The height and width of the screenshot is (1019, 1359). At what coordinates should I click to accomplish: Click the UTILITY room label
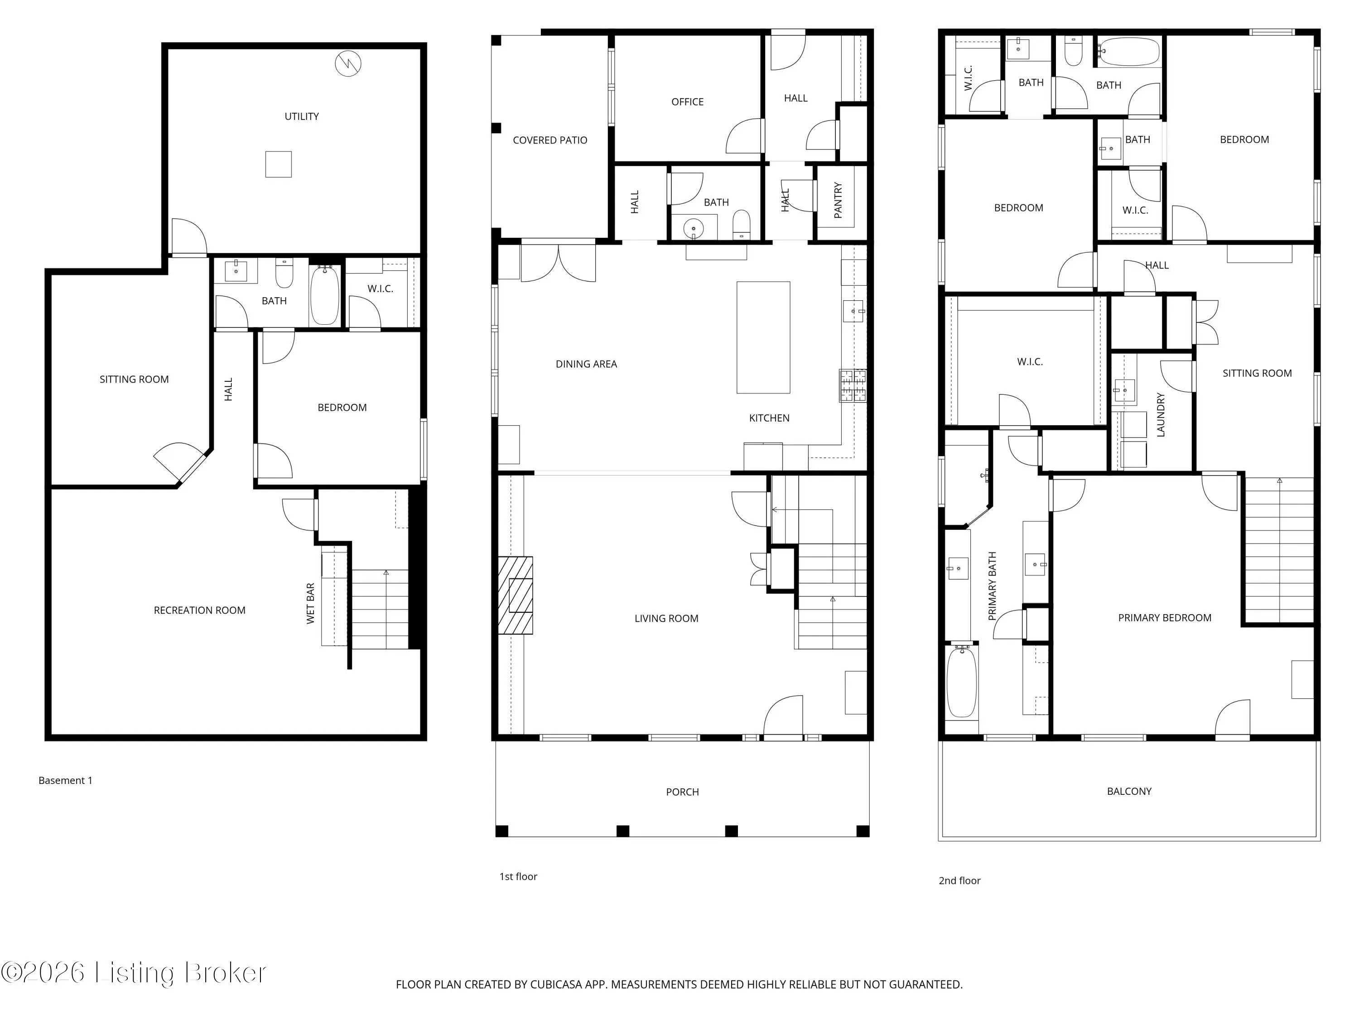coord(302,116)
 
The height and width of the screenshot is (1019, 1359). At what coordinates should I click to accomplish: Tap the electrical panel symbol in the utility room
coord(348,63)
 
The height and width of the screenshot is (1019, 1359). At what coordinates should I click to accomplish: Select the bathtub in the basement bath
coord(324,295)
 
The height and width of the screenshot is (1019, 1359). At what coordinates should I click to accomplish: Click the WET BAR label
coord(310,603)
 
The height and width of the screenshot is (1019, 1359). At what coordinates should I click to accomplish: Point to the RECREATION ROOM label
coord(200,610)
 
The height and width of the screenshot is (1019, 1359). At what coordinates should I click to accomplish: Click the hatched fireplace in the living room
coord(515,595)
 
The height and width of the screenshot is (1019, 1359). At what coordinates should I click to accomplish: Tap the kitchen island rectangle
coord(763,337)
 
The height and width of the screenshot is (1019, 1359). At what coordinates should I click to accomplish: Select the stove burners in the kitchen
coord(853,386)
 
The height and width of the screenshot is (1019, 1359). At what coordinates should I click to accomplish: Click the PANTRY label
coord(838,200)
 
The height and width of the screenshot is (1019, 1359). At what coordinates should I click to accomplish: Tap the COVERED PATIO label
coord(550,140)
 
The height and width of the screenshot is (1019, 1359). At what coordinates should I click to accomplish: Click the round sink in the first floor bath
coord(694,229)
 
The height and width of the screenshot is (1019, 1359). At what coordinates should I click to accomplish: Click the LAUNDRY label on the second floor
coord(1161,415)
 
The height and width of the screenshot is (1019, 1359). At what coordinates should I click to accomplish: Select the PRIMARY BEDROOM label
coord(1165,618)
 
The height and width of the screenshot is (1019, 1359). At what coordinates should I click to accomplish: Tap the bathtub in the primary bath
coord(962,681)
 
